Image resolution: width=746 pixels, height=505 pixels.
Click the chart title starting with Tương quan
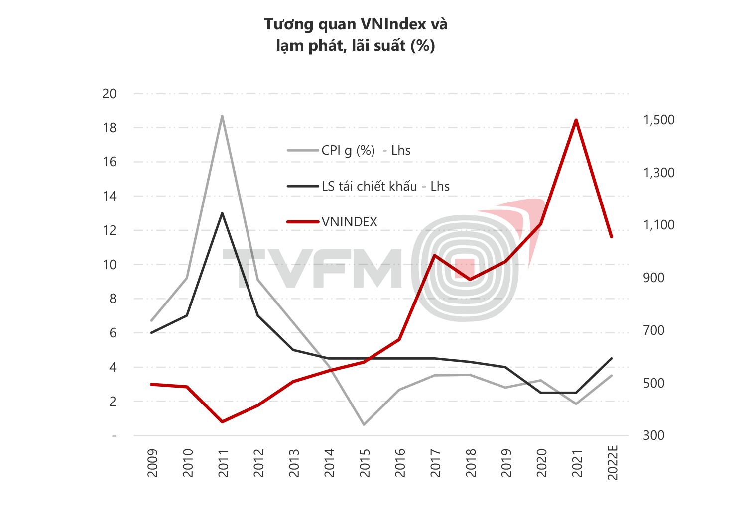[356, 35]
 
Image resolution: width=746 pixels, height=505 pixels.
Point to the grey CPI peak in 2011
[222, 116]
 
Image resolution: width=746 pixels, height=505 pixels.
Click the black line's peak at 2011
[222, 213]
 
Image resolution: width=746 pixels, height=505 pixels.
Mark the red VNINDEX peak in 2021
[576, 120]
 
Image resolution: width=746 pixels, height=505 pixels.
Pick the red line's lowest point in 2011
[222, 422]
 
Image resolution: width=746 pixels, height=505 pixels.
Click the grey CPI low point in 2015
[364, 424]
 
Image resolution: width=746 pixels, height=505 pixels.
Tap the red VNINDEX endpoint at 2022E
[612, 237]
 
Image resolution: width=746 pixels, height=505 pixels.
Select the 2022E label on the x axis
[613, 463]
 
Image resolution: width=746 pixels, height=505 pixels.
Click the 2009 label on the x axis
[152, 463]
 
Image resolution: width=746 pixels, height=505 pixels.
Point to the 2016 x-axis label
[400, 463]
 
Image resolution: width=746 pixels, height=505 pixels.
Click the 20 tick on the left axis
[109, 94]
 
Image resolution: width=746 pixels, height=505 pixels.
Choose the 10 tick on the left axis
[109, 265]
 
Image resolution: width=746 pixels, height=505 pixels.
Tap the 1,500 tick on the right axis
[658, 120]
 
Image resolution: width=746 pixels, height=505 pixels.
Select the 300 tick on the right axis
[653, 435]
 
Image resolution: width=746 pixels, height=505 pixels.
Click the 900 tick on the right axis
[653, 278]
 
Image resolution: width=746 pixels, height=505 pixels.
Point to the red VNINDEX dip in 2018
[470, 279]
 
